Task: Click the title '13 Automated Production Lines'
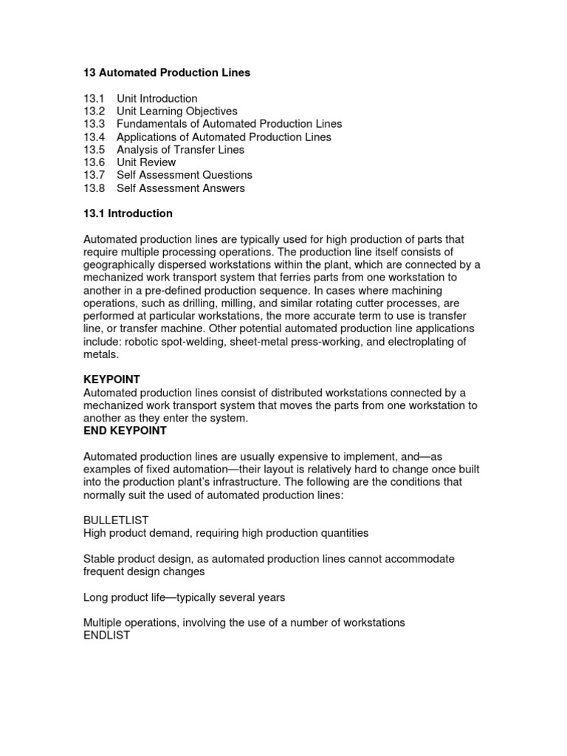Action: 166,72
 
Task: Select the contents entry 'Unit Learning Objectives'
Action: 177,111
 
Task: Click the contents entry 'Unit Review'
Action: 146,162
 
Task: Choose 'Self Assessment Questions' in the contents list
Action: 185,175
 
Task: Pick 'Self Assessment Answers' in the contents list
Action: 181,188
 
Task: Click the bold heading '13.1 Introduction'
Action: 128,213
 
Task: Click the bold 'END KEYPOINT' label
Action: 125,430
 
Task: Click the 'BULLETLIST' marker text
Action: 117,520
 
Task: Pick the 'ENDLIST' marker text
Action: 107,635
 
